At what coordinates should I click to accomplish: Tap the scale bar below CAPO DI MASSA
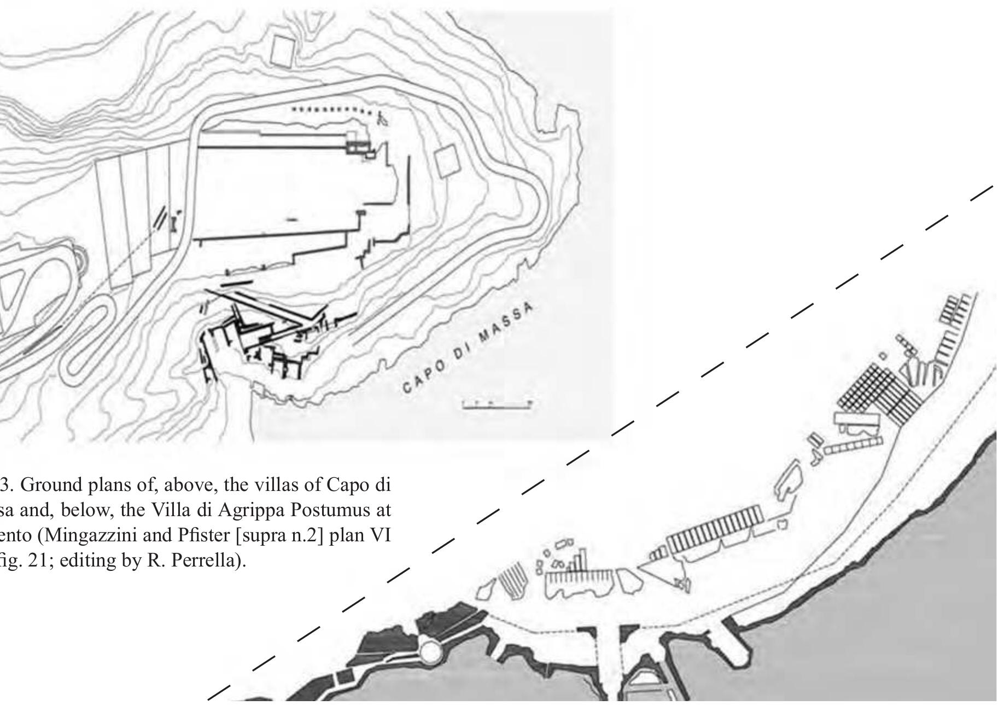click(497, 405)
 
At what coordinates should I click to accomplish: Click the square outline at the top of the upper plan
click(283, 51)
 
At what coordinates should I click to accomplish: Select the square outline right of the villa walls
click(447, 160)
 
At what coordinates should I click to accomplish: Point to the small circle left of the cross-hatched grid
click(882, 356)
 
